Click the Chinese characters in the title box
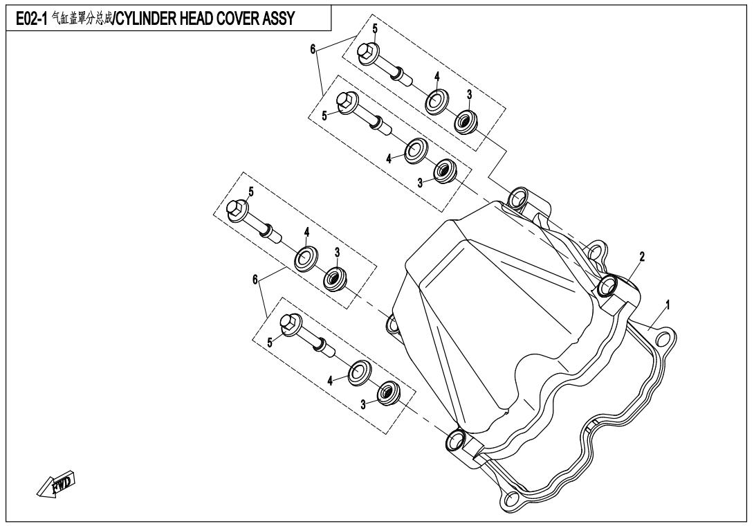(81, 18)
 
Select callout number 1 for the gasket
(668, 305)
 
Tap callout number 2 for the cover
(641, 257)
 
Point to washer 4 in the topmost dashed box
(436, 101)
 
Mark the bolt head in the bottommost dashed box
(290, 325)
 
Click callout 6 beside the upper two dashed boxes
(313, 49)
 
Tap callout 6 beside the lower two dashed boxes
(255, 279)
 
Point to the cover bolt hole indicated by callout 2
(607, 286)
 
